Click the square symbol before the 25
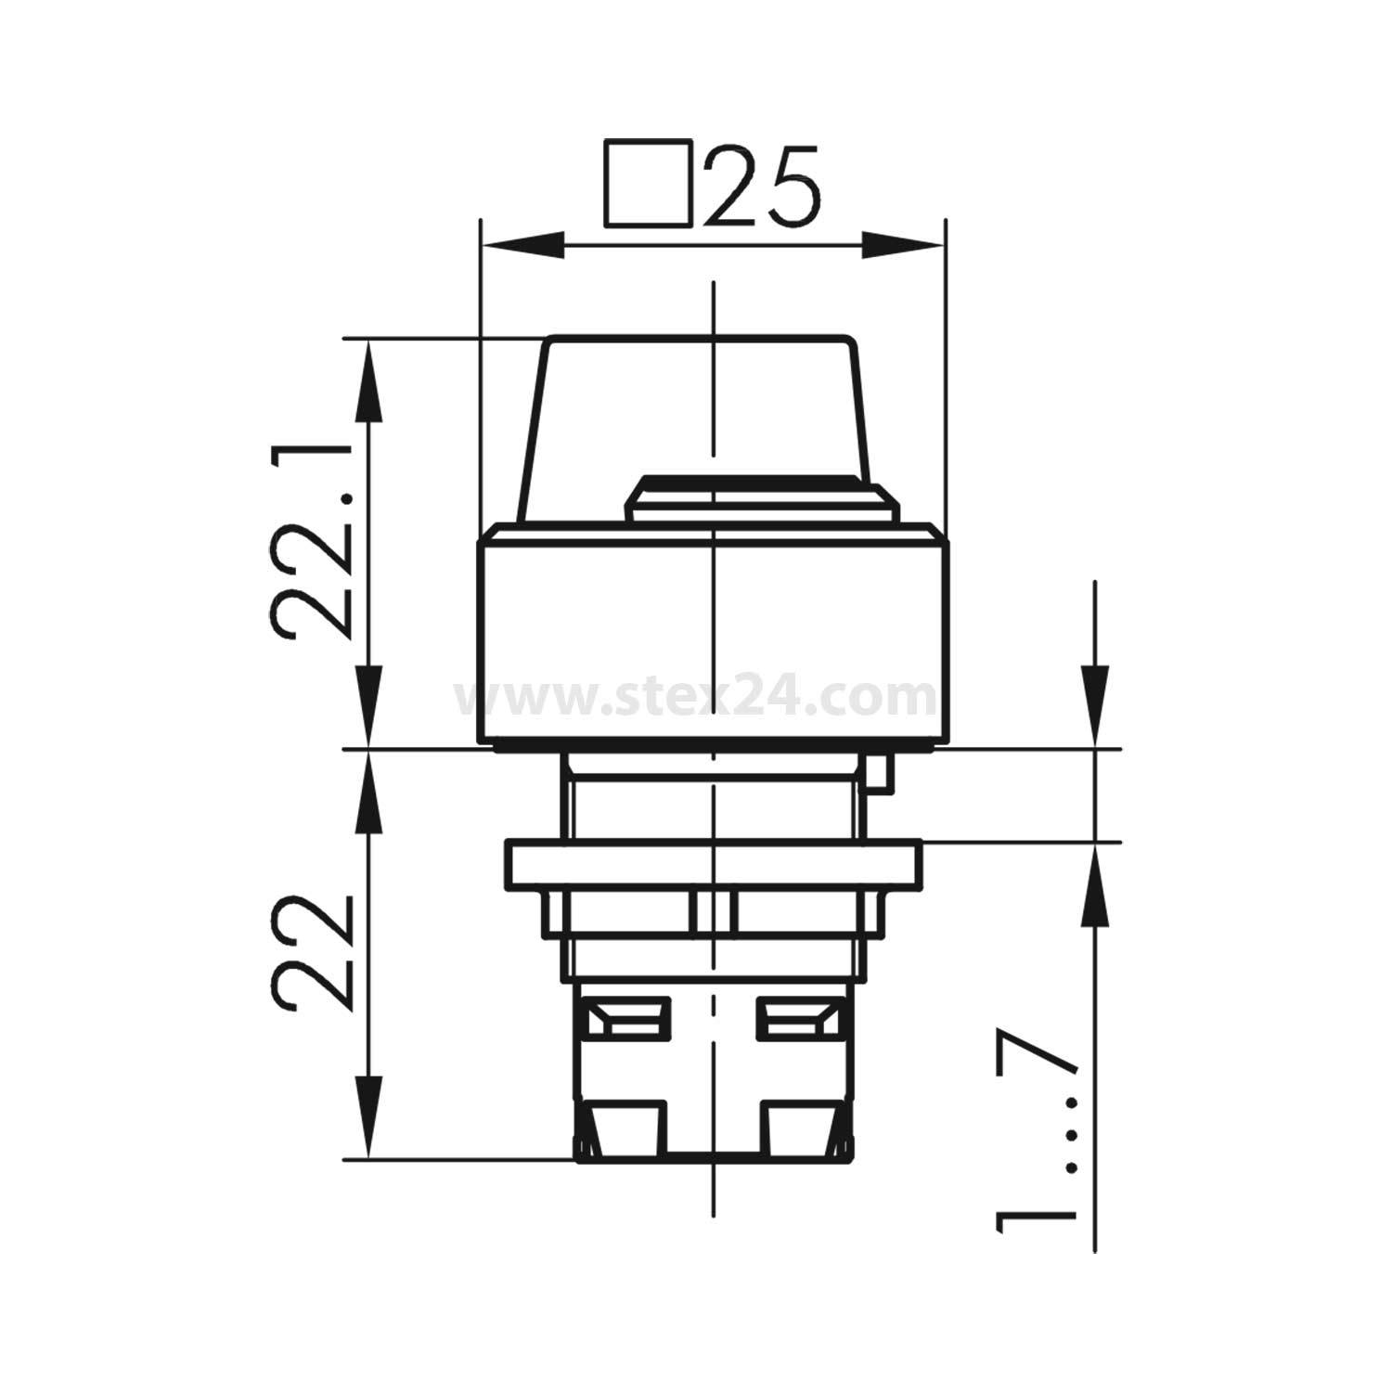pos(648,184)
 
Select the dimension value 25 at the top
pos(761,187)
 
